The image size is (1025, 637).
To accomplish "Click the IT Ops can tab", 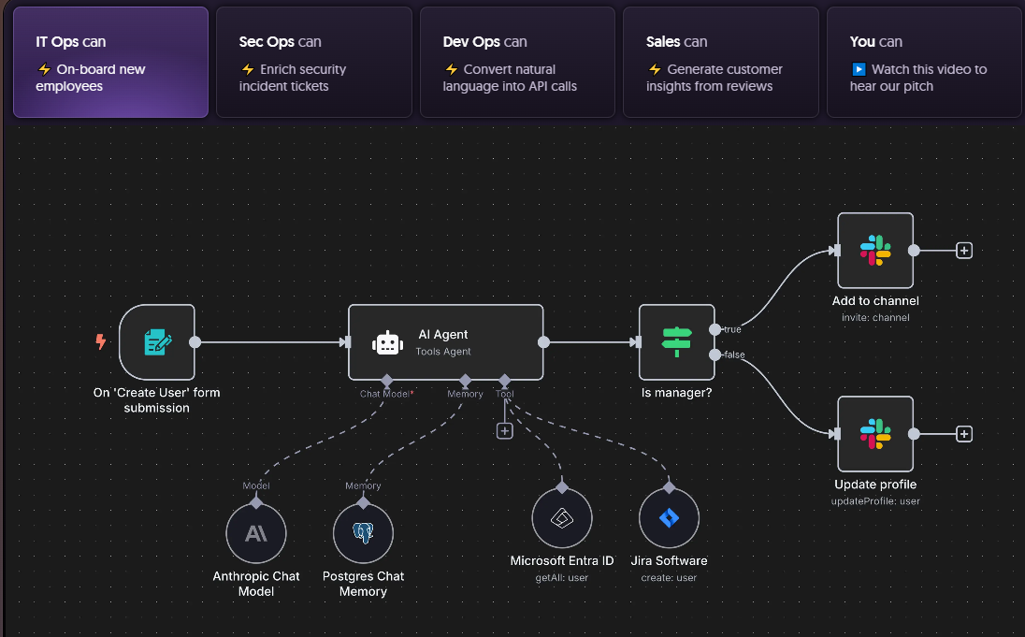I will [x=110, y=62].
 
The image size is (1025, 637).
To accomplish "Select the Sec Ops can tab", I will [x=313, y=62].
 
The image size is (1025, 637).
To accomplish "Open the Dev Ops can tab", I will [x=517, y=62].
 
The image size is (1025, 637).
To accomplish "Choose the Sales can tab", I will [x=720, y=62].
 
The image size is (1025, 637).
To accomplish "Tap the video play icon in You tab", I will [x=859, y=69].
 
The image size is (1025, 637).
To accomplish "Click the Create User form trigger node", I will [x=157, y=342].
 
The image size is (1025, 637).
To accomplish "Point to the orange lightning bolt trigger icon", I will [x=101, y=342].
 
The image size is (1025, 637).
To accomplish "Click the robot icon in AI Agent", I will [x=387, y=342].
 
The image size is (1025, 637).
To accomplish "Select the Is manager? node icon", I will [x=676, y=342].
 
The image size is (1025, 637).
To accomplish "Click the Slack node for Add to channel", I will [x=875, y=251].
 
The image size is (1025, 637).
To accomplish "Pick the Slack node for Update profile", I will [x=875, y=434].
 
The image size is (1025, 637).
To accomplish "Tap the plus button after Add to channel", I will [x=965, y=251].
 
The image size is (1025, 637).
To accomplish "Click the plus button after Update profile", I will [x=965, y=434].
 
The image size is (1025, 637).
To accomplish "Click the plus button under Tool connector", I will [x=505, y=431].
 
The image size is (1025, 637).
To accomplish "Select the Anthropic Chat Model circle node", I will [x=255, y=534].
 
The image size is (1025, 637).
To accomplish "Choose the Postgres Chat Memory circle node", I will [x=363, y=534].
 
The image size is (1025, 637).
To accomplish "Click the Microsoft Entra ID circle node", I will [x=561, y=518].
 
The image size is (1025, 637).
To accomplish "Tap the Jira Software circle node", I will [x=669, y=518].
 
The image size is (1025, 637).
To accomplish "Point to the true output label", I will [x=733, y=329].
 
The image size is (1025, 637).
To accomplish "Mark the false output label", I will [x=734, y=355].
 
